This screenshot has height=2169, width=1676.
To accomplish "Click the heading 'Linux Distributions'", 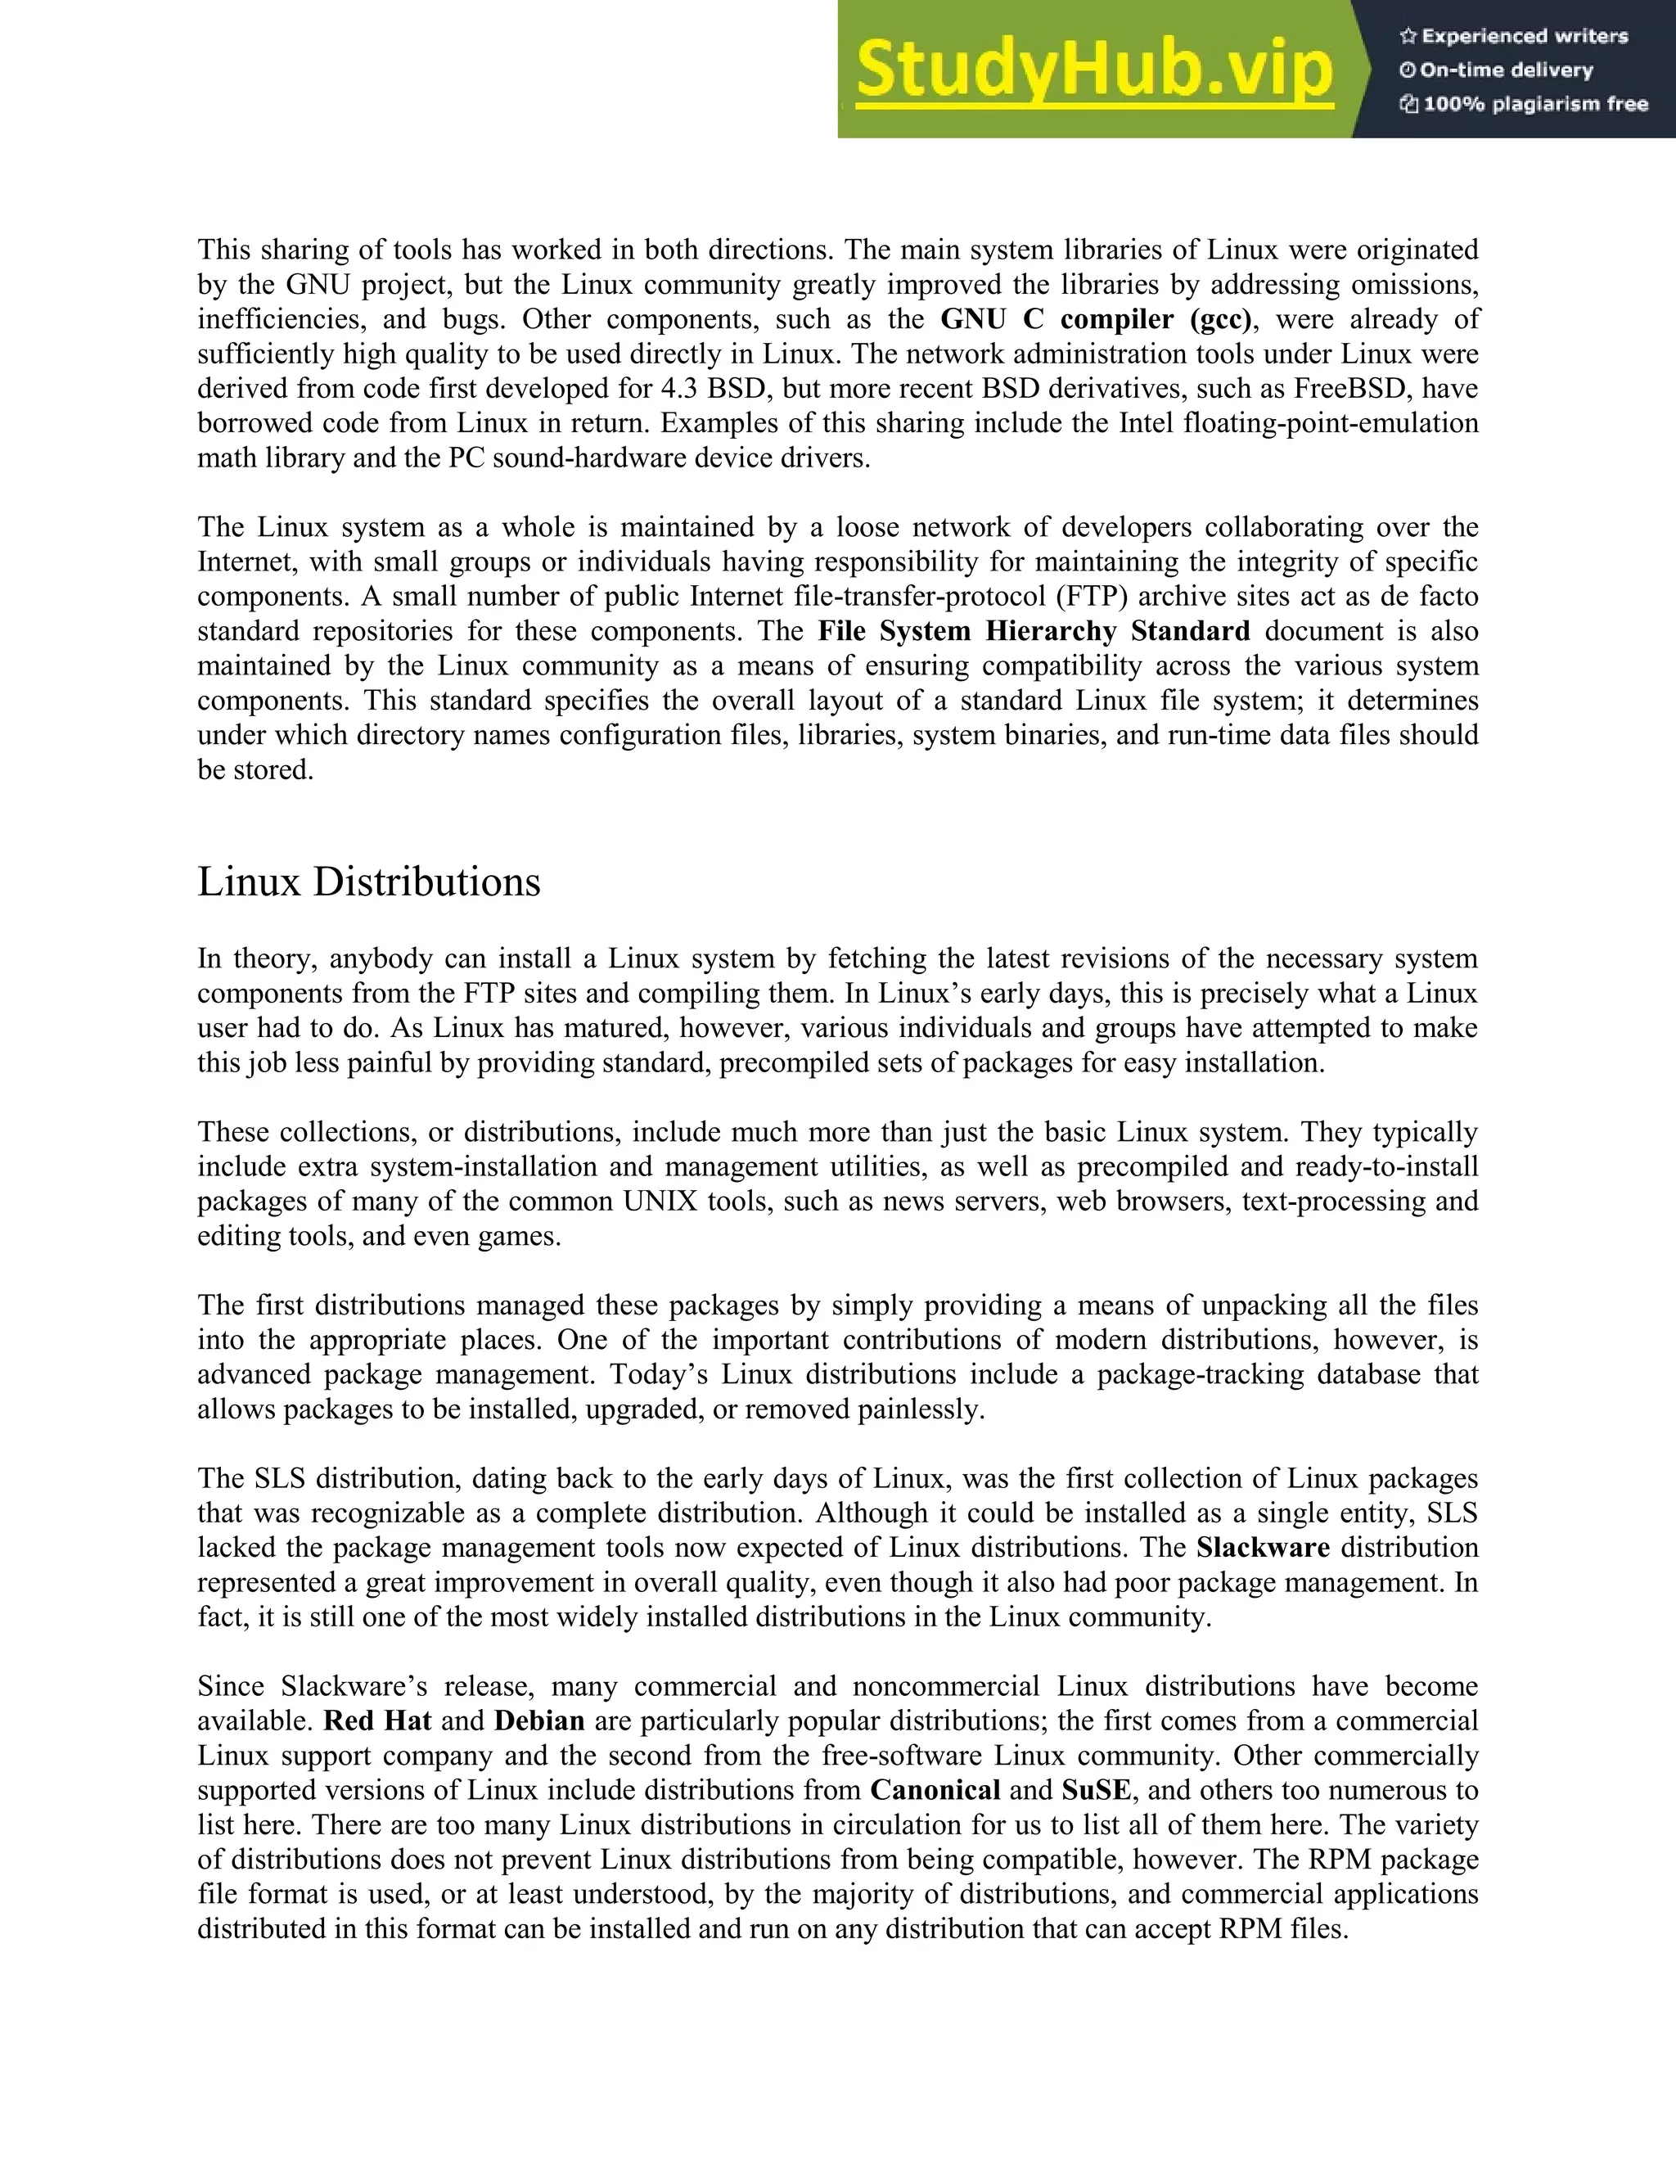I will pos(368,882).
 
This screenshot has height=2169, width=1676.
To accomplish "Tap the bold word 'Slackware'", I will pos(1263,1547).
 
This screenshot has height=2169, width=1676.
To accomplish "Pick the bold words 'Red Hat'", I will pos(377,1720).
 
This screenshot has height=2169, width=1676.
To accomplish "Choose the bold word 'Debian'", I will pos(539,1720).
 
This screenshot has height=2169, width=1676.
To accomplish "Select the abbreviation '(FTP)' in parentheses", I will pos(1089,596).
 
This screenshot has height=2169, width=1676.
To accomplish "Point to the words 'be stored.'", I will pos(255,769).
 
